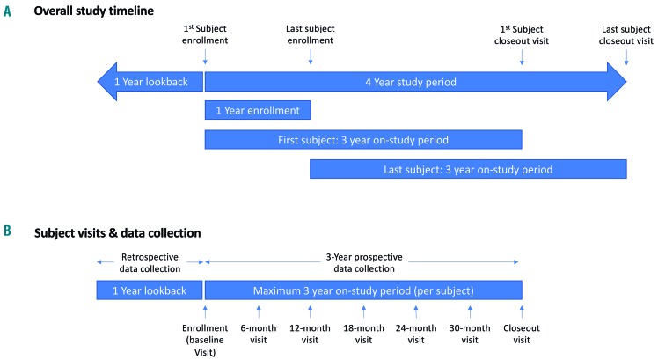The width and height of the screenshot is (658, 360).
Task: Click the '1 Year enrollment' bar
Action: click(x=257, y=111)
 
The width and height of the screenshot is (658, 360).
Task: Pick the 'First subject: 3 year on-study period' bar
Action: click(x=362, y=140)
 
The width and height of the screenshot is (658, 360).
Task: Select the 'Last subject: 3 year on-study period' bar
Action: click(x=468, y=169)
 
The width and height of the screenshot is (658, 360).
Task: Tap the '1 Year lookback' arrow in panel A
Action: click(x=150, y=82)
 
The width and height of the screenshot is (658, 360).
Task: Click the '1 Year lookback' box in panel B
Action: click(x=150, y=290)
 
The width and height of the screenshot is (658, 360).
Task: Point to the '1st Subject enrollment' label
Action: click(x=204, y=34)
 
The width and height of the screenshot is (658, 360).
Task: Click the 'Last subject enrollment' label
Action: click(x=310, y=34)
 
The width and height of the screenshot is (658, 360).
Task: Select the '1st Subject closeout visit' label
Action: click(x=522, y=34)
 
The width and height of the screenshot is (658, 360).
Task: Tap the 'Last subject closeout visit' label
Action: click(x=626, y=34)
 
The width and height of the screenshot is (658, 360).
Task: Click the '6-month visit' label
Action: click(x=258, y=333)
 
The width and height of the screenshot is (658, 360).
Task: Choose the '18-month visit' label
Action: click(x=363, y=333)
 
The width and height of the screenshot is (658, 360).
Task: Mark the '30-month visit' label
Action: click(x=470, y=333)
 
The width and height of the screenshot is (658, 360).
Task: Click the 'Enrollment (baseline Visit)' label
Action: click(x=204, y=339)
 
